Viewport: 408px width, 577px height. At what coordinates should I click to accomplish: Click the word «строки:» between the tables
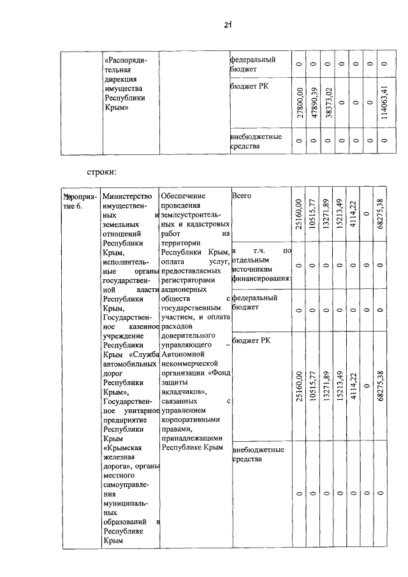click(x=100, y=172)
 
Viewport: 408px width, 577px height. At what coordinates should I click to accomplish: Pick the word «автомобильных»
click(x=129, y=363)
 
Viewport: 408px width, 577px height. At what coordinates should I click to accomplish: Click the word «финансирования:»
click(x=261, y=279)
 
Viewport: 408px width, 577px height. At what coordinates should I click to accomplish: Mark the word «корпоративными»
click(x=191, y=420)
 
